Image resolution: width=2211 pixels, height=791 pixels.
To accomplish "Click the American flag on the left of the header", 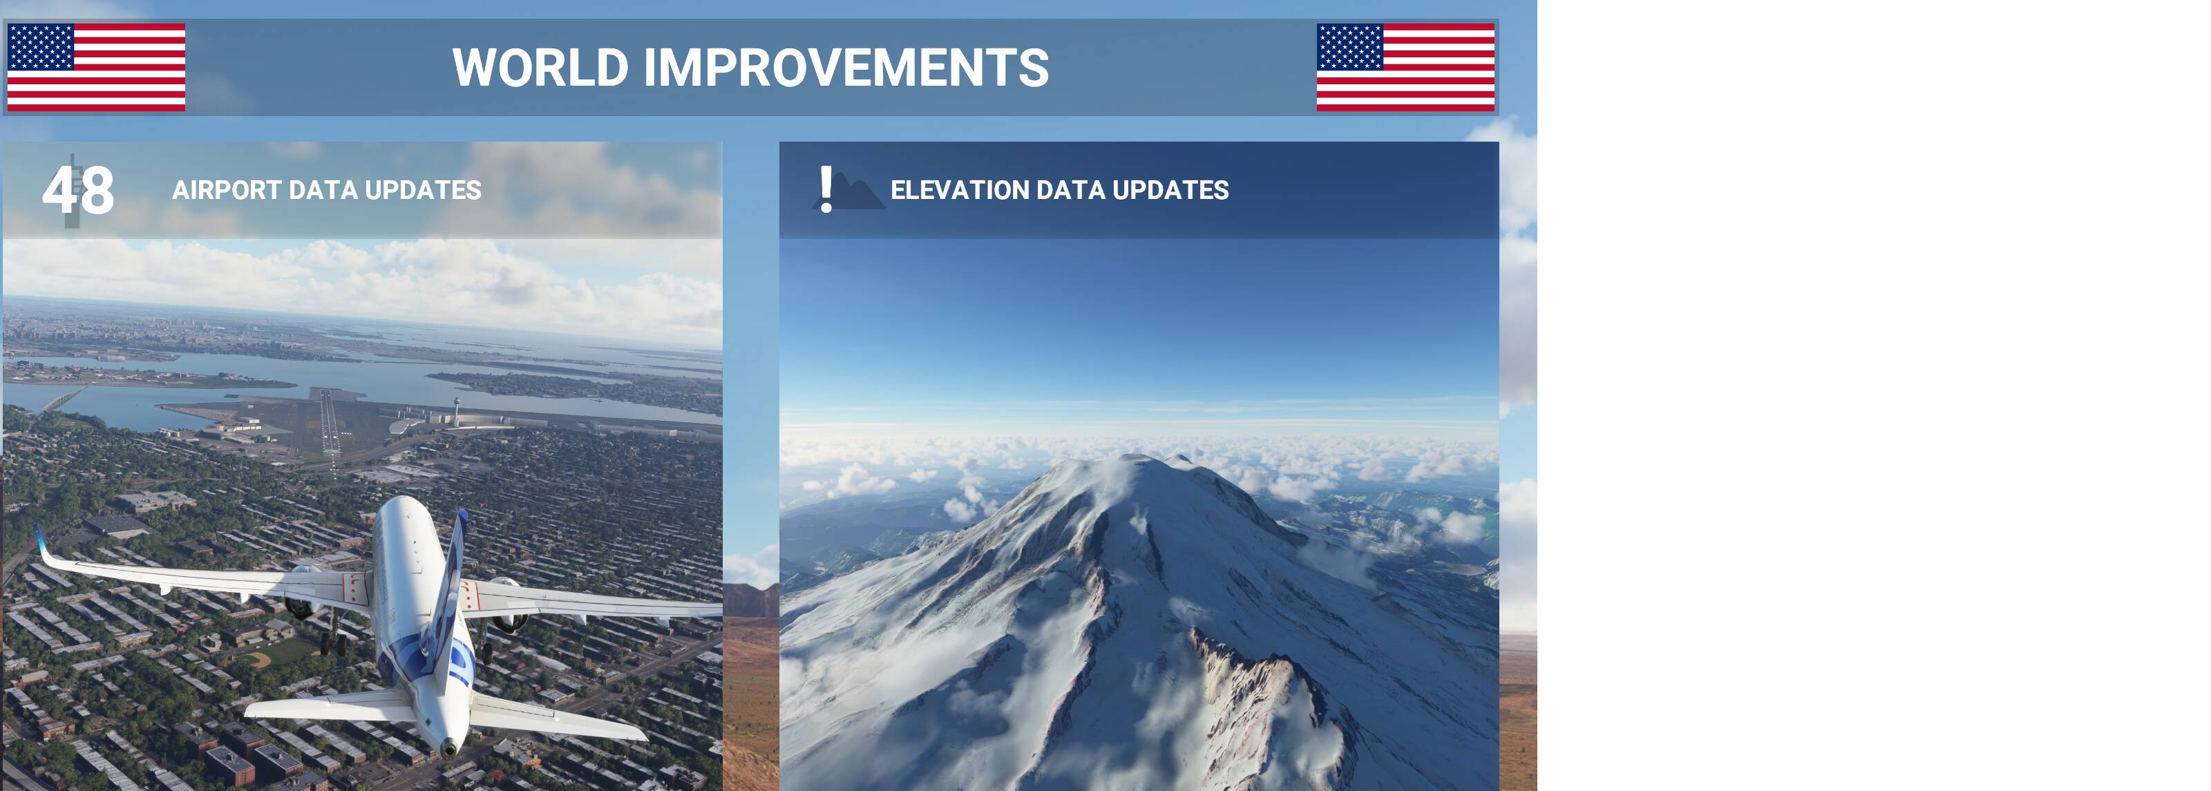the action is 96,67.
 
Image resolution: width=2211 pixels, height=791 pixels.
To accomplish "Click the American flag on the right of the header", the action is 1406,67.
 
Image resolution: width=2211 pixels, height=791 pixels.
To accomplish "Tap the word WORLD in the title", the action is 541,67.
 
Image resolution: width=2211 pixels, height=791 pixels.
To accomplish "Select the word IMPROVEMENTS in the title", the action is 846,67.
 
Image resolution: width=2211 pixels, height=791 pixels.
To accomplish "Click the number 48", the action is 78,191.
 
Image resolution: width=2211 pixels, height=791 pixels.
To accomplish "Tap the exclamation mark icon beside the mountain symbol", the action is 826,189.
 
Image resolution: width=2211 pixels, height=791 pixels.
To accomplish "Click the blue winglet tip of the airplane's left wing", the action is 39,537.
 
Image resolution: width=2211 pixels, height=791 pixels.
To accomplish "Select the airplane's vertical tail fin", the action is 450,592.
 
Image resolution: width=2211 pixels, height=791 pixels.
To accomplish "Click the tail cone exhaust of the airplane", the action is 448,749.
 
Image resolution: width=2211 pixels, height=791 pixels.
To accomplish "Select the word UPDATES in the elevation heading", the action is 1170,189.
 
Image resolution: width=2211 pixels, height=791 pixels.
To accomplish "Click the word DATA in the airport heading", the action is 323,189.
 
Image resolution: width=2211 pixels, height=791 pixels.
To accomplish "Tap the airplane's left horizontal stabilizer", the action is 330,708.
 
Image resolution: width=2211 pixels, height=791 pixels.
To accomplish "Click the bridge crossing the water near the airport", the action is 60,400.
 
